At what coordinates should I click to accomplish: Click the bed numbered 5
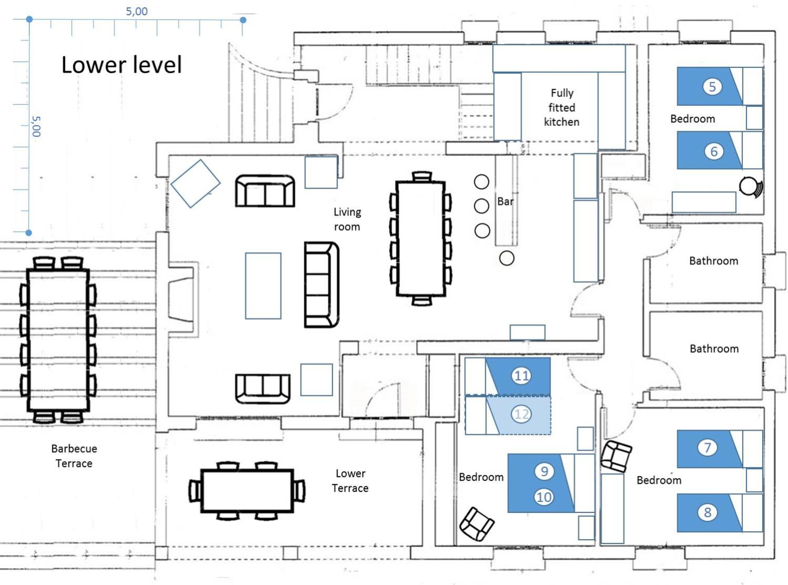tap(720, 86)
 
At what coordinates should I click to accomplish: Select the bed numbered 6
tap(720, 150)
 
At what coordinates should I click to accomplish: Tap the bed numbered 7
tap(720, 449)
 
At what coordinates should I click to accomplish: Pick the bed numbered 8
tap(720, 512)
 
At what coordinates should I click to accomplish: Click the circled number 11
tap(521, 376)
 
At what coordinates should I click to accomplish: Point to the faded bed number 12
tap(521, 415)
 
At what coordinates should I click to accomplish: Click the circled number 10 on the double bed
tap(543, 497)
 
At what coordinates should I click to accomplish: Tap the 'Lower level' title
tap(122, 65)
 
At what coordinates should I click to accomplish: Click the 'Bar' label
tap(505, 201)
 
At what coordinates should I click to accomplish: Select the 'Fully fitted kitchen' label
tap(562, 107)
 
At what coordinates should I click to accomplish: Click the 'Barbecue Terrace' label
tap(74, 456)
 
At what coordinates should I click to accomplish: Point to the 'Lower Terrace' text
tap(350, 480)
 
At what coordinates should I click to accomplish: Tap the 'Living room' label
tap(347, 219)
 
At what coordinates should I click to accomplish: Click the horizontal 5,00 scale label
tap(137, 12)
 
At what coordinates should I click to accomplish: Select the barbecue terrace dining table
tap(58, 340)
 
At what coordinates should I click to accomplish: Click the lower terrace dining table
tap(247, 491)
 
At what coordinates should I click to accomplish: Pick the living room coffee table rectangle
tap(263, 286)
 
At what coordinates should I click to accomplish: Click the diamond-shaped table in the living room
tap(195, 184)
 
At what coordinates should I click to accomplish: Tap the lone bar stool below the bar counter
tap(507, 258)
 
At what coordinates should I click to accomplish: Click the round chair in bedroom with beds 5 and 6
tap(751, 187)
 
